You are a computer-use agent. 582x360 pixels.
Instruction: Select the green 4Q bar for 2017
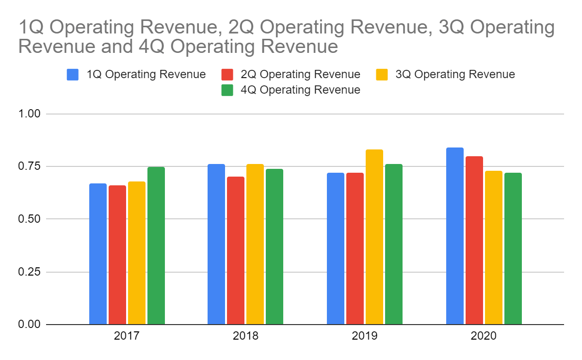click(156, 245)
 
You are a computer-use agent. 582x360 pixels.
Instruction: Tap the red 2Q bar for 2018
click(236, 250)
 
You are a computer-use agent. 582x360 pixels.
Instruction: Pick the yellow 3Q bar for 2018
click(255, 244)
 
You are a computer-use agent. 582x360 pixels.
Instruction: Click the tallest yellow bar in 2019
click(374, 237)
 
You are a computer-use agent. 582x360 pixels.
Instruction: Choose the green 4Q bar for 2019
click(394, 244)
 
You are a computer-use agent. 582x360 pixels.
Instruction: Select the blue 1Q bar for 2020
click(455, 236)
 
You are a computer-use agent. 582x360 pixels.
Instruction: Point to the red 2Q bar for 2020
click(474, 240)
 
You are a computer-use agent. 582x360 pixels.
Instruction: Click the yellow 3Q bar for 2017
click(137, 253)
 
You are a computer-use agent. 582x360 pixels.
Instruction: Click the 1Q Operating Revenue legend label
click(146, 74)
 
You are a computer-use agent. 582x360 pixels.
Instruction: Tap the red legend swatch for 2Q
click(228, 74)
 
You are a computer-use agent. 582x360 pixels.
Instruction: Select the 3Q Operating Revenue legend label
click(455, 74)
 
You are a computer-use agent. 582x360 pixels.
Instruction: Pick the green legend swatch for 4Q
click(228, 90)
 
